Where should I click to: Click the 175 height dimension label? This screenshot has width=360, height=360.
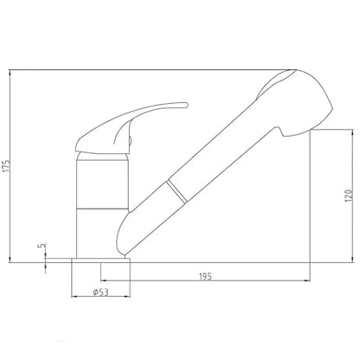click(x=7, y=166)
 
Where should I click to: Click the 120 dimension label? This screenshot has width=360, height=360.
click(x=349, y=196)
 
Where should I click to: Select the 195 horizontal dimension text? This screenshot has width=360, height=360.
click(x=205, y=276)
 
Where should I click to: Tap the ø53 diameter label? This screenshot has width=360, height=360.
click(x=100, y=292)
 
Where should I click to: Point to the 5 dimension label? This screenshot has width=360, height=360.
click(x=42, y=246)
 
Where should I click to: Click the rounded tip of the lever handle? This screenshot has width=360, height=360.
click(x=185, y=105)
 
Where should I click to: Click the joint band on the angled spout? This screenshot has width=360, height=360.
click(x=177, y=191)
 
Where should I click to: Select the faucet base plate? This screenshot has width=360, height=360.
click(x=100, y=260)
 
